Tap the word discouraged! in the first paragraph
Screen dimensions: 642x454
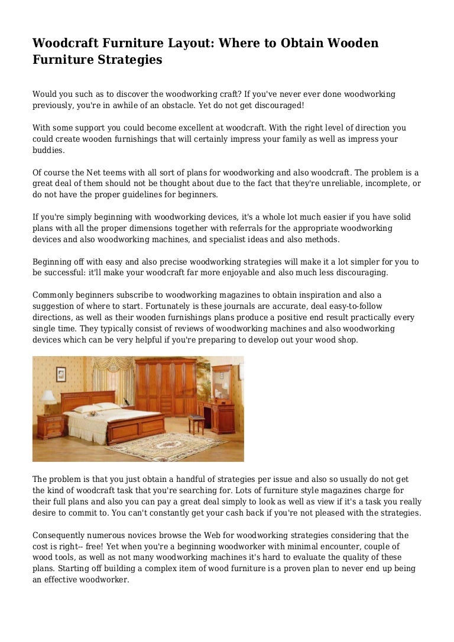tap(275, 105)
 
